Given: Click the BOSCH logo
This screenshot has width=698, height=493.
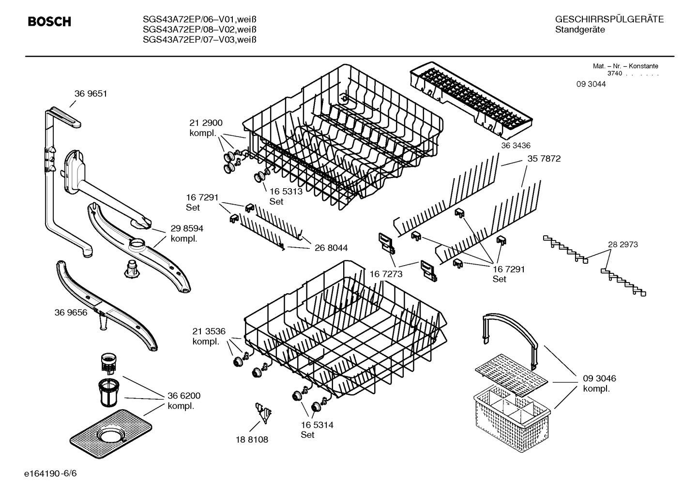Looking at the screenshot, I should point(49,22).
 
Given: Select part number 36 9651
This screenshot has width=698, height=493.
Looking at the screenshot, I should point(91,94).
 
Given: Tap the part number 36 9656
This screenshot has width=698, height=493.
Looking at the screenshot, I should point(71,313).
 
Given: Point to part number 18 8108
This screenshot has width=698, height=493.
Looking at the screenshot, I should point(252,440).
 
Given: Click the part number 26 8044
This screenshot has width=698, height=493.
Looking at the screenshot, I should point(331,248).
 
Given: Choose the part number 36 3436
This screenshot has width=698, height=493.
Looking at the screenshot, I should point(516,146).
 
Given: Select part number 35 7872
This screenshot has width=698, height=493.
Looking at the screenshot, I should point(544,159).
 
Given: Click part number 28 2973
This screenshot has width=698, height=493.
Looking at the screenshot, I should point(622,245).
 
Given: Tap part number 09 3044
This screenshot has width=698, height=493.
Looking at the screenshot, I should point(591,84).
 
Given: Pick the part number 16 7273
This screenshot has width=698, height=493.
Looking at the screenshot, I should point(386,274).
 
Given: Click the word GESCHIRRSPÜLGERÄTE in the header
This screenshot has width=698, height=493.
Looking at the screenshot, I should point(609,20).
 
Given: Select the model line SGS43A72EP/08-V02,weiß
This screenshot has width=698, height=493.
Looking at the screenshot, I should point(199,30).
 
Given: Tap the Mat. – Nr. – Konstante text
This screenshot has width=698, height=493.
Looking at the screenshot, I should point(625,66).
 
